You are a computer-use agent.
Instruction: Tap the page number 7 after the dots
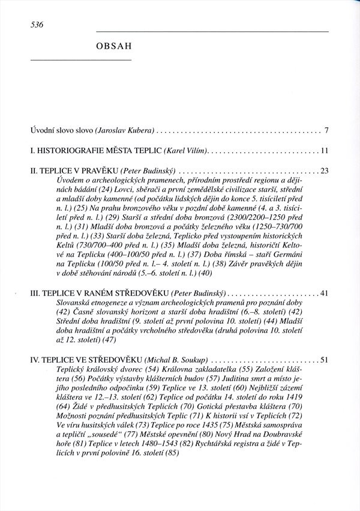(326, 130)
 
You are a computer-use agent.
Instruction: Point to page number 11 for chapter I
(325, 151)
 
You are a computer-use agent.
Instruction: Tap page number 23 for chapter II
(325, 171)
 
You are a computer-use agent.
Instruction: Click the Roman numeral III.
(35, 294)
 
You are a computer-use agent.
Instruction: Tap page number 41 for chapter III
(325, 294)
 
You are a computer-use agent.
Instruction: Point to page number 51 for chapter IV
(325, 360)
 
